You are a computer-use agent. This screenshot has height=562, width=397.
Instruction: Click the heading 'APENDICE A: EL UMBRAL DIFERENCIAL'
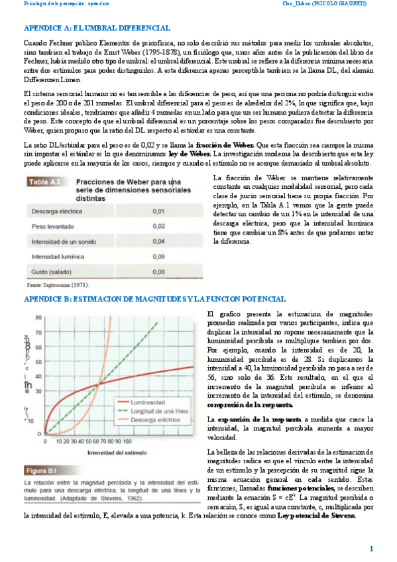tap(97, 28)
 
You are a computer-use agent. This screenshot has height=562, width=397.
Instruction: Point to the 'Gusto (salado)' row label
tap(51, 271)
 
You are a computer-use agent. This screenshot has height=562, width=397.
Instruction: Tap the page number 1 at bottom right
tap(372, 548)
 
